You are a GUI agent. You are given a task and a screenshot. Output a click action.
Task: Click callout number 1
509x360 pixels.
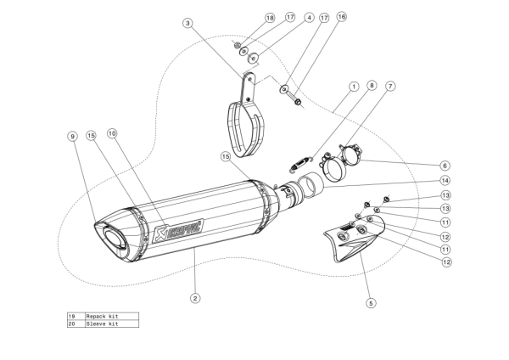(x=353, y=87)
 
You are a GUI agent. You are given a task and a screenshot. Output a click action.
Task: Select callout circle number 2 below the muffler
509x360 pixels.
(x=195, y=298)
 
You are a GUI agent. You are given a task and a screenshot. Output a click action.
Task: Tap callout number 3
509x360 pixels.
(x=187, y=23)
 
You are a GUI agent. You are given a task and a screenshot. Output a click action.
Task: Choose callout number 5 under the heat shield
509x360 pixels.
(x=371, y=301)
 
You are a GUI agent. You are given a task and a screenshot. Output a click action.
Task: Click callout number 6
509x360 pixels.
(x=445, y=165)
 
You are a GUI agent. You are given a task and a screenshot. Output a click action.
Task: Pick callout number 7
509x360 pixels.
(x=389, y=87)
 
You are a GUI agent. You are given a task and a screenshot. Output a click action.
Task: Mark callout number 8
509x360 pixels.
(x=371, y=86)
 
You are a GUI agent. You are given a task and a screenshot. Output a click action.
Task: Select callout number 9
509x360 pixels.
(x=73, y=136)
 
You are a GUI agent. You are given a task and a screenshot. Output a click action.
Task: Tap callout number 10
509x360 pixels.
(x=112, y=133)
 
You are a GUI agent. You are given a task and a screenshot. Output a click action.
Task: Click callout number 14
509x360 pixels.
(x=445, y=180)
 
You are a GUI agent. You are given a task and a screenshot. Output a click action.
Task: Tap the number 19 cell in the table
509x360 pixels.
(x=72, y=316)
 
